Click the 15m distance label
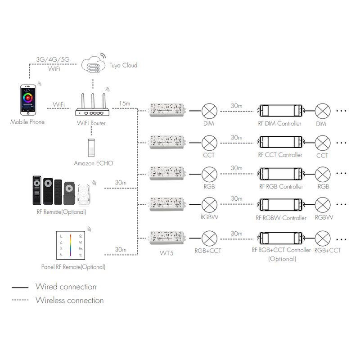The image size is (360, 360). (x=125, y=104)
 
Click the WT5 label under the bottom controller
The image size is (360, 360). (x=167, y=252)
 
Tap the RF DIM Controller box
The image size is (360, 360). (x=280, y=110)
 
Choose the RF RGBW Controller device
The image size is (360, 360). (x=280, y=204)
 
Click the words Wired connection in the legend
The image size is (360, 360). (x=66, y=287)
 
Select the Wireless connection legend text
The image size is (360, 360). (x=69, y=300)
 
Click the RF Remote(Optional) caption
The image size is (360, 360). (x=61, y=211)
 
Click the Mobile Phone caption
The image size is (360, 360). (x=27, y=121)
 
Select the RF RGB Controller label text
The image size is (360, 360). (x=281, y=186)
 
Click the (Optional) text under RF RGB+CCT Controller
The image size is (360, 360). (x=282, y=259)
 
